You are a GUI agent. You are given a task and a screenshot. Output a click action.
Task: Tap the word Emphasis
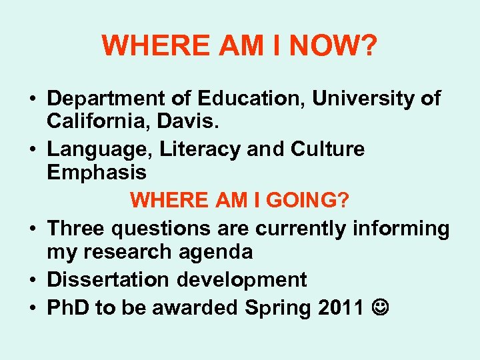97,173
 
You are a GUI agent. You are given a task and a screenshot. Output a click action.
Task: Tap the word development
242,279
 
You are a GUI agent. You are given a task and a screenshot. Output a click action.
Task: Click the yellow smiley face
379,307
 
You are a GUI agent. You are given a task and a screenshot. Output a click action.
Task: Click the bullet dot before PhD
33,307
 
